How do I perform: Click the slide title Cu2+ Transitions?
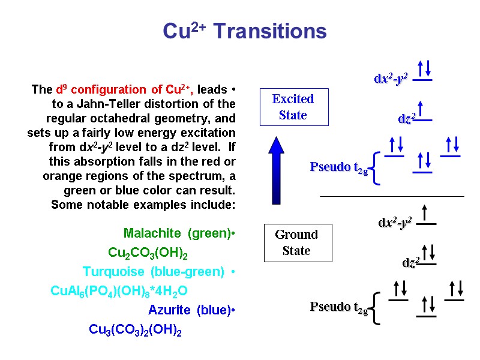coord(244,31)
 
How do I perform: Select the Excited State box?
coord(293,107)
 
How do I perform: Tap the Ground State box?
coord(297,242)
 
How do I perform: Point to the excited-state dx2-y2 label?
coord(391,79)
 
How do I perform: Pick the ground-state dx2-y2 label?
coord(395,223)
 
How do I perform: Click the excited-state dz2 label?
coord(407,119)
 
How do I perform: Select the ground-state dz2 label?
coord(411,263)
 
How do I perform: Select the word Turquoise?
coord(118,272)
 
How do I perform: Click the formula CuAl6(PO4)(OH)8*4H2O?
coord(119,291)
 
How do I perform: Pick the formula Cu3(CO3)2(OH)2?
coord(135,329)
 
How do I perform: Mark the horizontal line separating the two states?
coord(392,196)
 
